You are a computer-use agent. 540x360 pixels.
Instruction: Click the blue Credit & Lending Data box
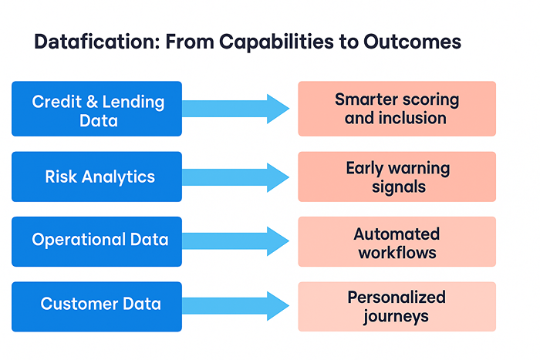[x=97, y=109]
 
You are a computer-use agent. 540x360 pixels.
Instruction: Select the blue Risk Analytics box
[x=97, y=177]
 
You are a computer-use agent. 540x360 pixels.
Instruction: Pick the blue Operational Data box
[x=97, y=240]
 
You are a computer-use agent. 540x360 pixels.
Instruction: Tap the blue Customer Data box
[x=97, y=304]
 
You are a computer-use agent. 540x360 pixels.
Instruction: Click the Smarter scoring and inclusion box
[x=397, y=109]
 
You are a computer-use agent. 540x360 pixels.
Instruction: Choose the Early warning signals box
[x=397, y=177]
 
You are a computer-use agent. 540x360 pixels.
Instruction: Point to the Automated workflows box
[x=397, y=242]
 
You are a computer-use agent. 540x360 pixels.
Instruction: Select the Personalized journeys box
[x=397, y=306]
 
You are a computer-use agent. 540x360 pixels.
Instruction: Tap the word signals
[x=397, y=187]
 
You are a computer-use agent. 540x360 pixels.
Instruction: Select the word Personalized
[x=397, y=297]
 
